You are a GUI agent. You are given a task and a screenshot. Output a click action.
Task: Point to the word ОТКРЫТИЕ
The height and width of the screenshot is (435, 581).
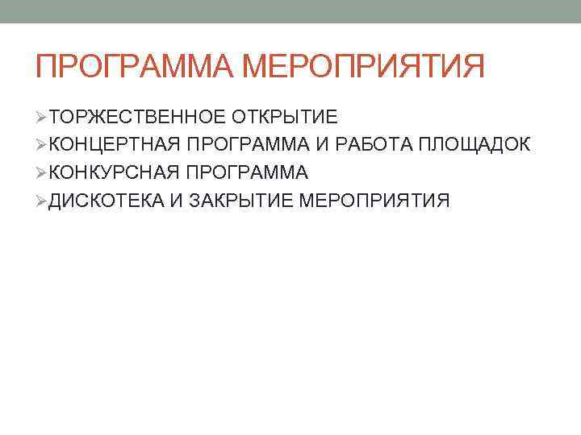pyautogui.click(x=285, y=117)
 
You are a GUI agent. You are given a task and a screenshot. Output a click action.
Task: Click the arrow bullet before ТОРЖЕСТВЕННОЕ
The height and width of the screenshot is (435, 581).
pyautogui.click(x=41, y=117)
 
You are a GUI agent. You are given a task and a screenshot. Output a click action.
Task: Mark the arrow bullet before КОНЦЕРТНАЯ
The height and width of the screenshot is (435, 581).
pyautogui.click(x=41, y=144)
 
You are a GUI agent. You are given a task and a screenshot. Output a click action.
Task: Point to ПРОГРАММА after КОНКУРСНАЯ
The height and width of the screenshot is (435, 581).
pyautogui.click(x=247, y=172)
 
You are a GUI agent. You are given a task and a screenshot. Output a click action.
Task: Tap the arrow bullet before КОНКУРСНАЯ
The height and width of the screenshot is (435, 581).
pyautogui.click(x=41, y=172)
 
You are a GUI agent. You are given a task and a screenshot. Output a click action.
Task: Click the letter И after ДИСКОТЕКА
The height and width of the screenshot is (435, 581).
pyautogui.click(x=177, y=200)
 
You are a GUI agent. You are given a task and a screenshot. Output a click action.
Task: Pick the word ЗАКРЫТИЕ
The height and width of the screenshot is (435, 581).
pyautogui.click(x=241, y=200)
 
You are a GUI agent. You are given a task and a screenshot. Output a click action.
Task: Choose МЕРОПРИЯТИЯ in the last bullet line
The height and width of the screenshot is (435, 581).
pyautogui.click(x=374, y=200)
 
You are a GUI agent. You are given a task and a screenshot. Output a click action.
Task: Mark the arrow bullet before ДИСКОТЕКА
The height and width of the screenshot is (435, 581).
pyautogui.click(x=41, y=200)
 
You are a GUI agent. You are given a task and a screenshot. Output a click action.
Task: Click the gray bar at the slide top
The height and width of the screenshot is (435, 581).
pyautogui.click(x=290, y=11)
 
